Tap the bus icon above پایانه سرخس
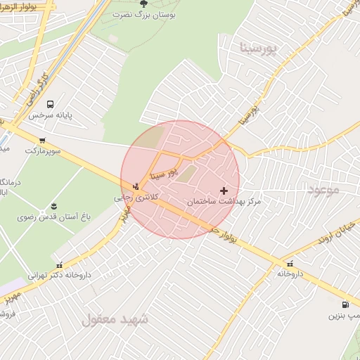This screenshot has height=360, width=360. click(50, 104)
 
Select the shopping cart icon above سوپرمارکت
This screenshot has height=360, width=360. click(43, 140)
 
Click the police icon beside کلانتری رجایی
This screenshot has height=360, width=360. click(135, 186)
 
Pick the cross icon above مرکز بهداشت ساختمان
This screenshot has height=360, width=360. click(224, 190)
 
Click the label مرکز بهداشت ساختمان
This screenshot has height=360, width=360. click(224, 202)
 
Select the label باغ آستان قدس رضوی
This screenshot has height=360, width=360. click(53, 217)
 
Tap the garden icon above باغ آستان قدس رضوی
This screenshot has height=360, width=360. click(53, 206)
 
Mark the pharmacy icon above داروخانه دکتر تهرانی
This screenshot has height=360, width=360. click(59, 264)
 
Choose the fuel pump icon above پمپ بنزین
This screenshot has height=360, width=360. click(345, 304)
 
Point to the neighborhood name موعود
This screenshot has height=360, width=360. click(323, 190)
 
